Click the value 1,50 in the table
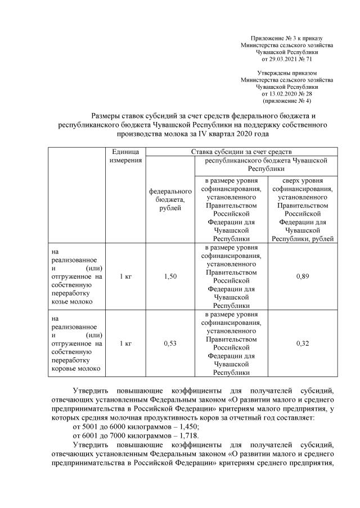[170, 276]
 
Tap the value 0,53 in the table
[170, 344]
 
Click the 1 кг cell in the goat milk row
[126, 276]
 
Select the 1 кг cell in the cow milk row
[126, 344]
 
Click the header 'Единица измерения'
[126, 157]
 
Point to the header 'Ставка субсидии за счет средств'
[241, 152]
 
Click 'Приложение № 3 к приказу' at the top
[287, 37]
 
